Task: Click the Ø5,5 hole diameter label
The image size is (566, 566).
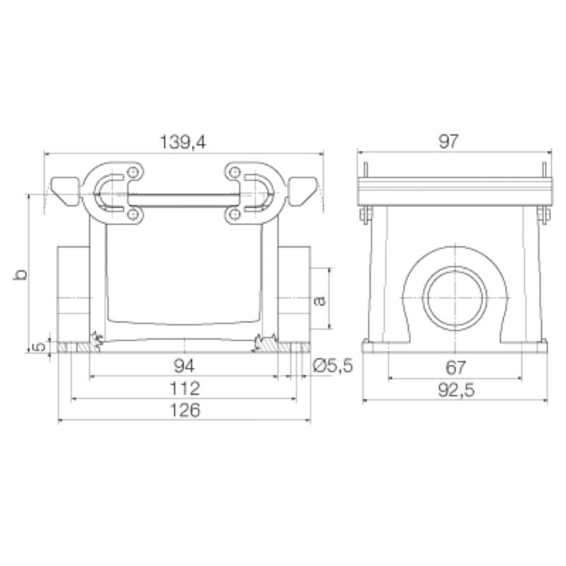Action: (x=332, y=366)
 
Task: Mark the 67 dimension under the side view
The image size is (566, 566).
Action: (x=456, y=367)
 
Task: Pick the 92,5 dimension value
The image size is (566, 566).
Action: (x=456, y=389)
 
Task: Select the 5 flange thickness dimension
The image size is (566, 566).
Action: (x=40, y=346)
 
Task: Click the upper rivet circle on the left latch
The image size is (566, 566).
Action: (x=133, y=173)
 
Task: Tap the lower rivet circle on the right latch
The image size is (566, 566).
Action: (x=233, y=214)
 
